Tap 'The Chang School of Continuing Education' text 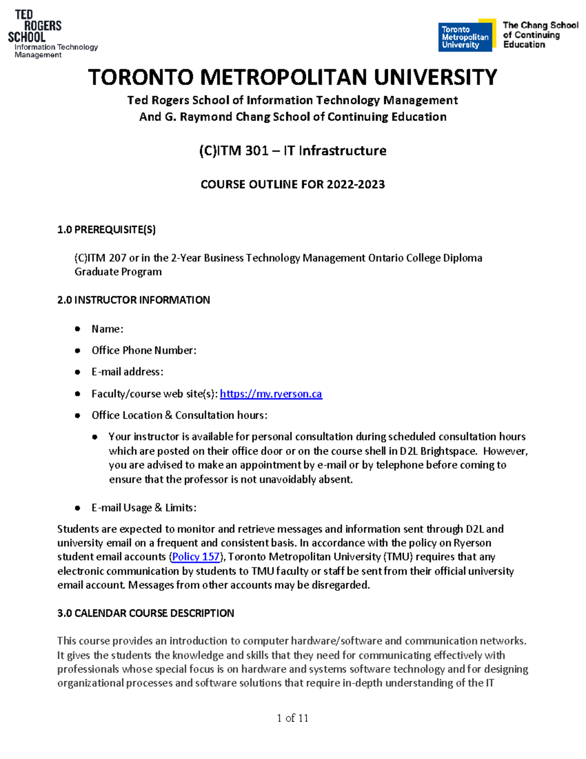click(540, 35)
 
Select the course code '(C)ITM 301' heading click(233, 151)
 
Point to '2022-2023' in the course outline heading click(356, 184)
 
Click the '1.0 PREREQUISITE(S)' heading click(106, 230)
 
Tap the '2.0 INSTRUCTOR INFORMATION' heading click(133, 300)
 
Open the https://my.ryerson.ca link click(271, 394)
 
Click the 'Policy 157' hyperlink click(196, 557)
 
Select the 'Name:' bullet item click(107, 329)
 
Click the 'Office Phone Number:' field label click(144, 350)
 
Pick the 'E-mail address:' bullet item click(127, 372)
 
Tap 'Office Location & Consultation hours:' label click(179, 415)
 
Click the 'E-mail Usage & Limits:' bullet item click(144, 508)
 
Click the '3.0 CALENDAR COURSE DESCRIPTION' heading click(146, 613)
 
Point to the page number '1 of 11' click(292, 718)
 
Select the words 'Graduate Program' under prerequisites click(118, 272)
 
